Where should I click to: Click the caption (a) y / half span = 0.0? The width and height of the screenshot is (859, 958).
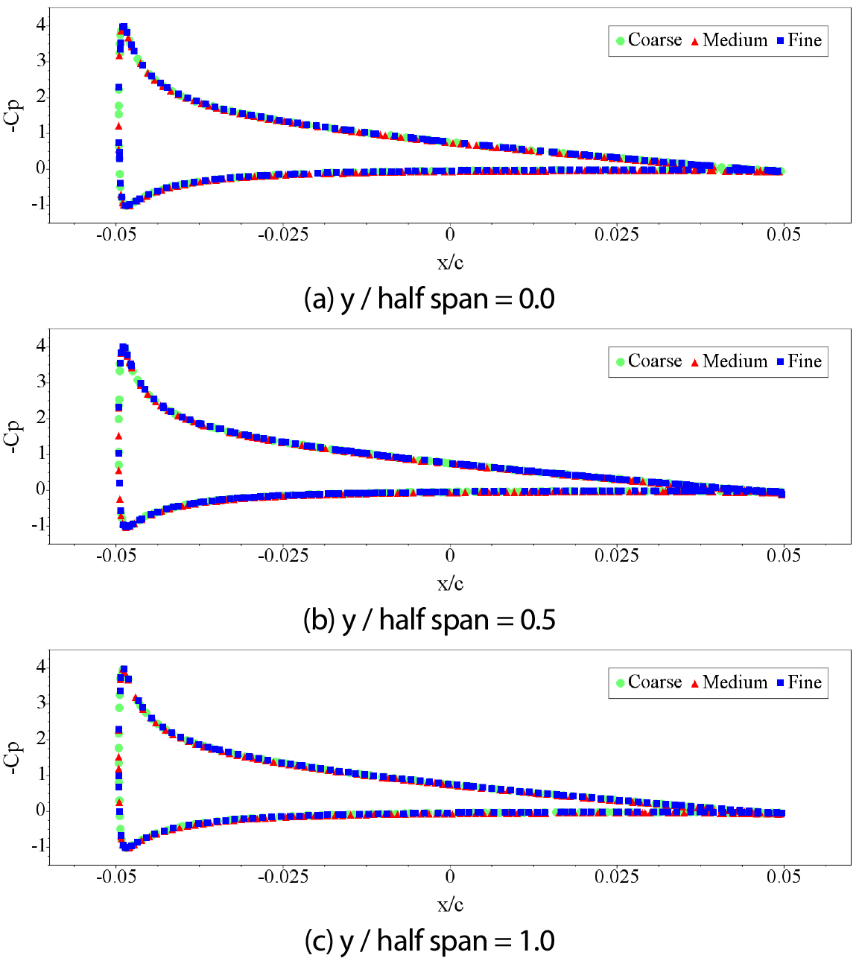(x=430, y=299)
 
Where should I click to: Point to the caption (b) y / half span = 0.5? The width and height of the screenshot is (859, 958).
(x=430, y=620)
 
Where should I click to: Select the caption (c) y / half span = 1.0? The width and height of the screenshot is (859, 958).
(x=430, y=941)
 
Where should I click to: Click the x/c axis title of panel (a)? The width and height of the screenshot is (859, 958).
(x=450, y=262)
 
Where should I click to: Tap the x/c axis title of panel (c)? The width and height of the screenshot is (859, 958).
(x=450, y=904)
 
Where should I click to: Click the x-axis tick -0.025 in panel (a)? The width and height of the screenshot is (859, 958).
(x=283, y=235)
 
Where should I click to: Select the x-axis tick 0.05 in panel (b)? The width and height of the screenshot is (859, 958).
(x=784, y=556)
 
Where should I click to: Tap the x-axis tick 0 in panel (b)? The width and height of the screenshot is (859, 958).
(x=450, y=556)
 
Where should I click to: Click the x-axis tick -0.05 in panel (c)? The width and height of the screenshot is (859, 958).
(x=116, y=878)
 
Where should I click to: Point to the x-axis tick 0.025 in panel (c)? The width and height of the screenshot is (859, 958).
(x=617, y=878)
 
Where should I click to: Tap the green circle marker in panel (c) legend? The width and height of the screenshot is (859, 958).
(x=620, y=683)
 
